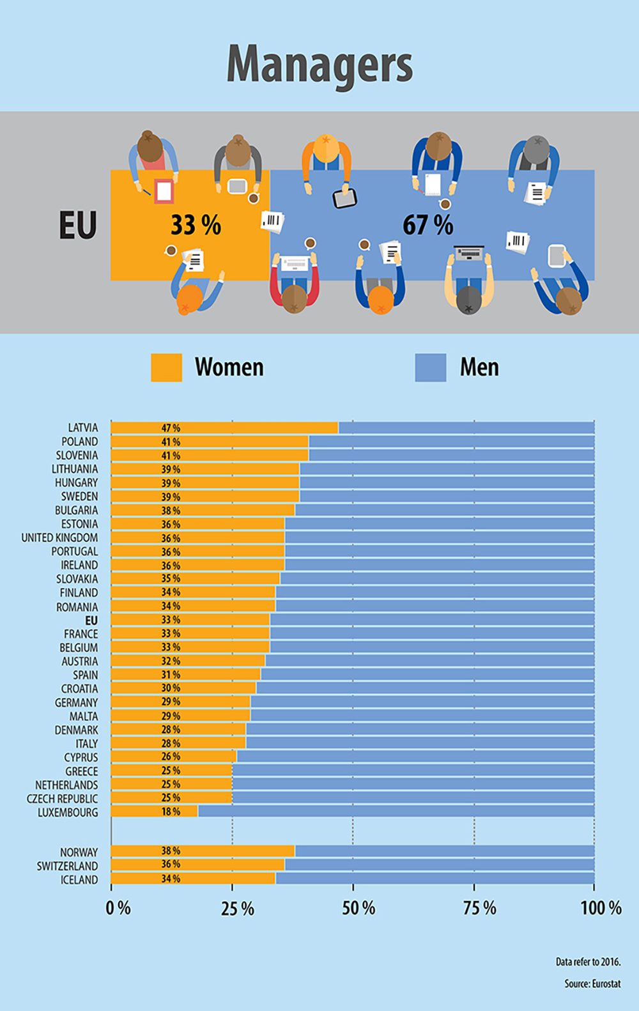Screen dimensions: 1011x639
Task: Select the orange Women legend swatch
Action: coord(166,367)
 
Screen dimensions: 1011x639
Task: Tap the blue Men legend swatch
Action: coord(431,367)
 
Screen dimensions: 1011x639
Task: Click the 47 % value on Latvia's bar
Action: coord(171,428)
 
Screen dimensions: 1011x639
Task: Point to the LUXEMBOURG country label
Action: coord(68,812)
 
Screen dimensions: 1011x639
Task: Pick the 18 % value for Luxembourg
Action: coord(171,812)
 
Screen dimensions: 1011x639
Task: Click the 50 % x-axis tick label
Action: coord(358,908)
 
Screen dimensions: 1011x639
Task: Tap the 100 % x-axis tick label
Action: coord(601,908)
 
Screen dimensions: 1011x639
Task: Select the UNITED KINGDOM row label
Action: coord(59,537)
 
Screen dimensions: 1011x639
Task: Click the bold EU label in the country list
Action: coord(91,621)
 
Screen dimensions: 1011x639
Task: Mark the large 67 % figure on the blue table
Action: coord(427,225)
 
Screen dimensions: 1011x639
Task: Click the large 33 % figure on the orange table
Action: coord(196,225)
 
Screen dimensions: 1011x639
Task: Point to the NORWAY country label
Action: coord(79,853)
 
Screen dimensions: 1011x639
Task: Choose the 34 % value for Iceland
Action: coord(171,879)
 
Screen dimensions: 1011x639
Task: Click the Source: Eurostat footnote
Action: coord(592,984)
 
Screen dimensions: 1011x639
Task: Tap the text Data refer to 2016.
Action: coord(588,962)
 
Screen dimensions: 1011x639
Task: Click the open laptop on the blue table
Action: coord(469,253)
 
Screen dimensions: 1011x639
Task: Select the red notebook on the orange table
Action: coord(164,191)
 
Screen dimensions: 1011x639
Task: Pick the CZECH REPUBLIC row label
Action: coord(63,799)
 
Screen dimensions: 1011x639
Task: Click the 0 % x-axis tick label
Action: coord(118,908)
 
